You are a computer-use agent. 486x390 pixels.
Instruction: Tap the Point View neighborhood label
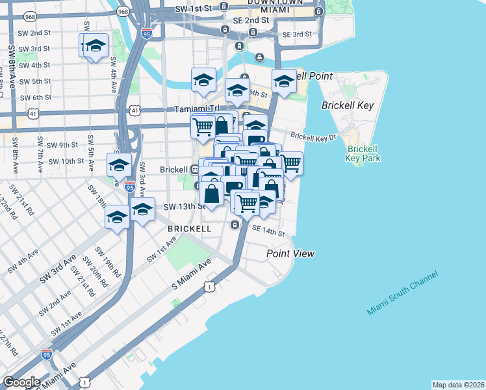coord(290,253)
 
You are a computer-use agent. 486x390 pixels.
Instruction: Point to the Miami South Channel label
coord(402,293)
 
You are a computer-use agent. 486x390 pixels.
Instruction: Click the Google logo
coord(21,382)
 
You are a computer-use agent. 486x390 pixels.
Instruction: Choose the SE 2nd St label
coord(250,20)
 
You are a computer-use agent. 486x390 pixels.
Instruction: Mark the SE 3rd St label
coord(297,34)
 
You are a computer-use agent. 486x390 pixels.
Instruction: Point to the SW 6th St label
coord(35,97)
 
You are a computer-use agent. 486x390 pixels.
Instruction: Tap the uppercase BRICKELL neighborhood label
coord(189,229)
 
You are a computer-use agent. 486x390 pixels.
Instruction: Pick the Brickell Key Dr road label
coord(313,136)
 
